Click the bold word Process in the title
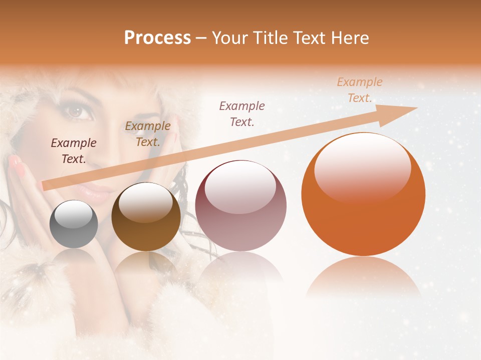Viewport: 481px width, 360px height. pyautogui.click(x=157, y=38)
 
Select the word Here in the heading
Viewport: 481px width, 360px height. pyautogui.click(x=351, y=38)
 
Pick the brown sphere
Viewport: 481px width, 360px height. pyautogui.click(x=146, y=217)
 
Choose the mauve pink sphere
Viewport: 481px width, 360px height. pyautogui.click(x=241, y=205)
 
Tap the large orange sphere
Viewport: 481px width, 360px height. pyautogui.click(x=363, y=194)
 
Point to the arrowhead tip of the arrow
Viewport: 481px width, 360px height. pyautogui.click(x=417, y=108)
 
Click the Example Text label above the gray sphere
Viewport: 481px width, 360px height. pyautogui.click(x=74, y=151)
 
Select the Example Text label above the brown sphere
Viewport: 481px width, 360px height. pyautogui.click(x=147, y=134)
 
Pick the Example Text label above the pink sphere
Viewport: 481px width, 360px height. pyautogui.click(x=242, y=113)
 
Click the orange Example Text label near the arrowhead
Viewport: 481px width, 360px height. pyautogui.click(x=359, y=90)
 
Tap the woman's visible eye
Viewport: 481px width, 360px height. pyautogui.click(x=80, y=111)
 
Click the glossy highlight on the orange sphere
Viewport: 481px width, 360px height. pyautogui.click(x=362, y=167)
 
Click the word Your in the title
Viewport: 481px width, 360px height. pyautogui.click(x=229, y=38)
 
